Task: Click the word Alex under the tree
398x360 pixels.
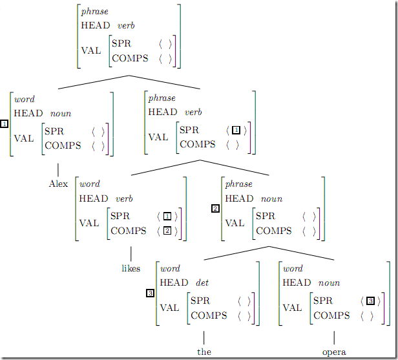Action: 58,184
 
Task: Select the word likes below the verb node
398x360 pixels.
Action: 131,268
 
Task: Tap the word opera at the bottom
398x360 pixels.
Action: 334,352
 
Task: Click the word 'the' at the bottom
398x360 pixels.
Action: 204,352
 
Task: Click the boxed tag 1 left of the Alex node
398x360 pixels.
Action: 5,124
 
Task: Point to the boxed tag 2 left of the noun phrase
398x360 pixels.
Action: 215,209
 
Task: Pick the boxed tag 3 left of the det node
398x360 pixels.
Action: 150,293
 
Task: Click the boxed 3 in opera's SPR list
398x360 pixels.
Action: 370,301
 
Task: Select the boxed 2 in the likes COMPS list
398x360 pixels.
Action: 167,231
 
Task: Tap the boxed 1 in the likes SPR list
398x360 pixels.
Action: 167,216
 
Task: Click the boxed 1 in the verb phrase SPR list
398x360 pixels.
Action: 236,130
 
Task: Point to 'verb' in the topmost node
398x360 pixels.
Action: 125,26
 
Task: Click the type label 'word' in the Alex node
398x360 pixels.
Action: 24,99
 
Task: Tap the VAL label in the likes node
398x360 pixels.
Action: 90,224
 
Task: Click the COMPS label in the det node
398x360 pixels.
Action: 209,315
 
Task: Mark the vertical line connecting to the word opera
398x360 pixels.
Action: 334,337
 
